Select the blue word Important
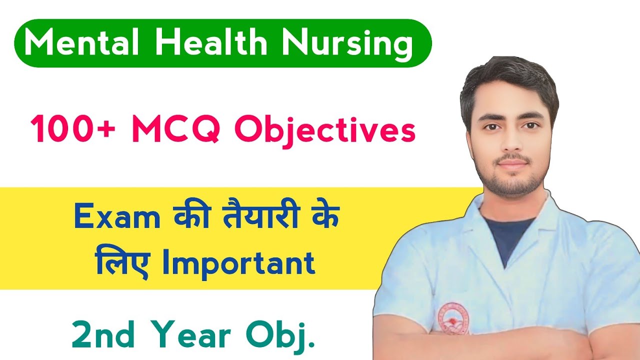coord(238,264)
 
